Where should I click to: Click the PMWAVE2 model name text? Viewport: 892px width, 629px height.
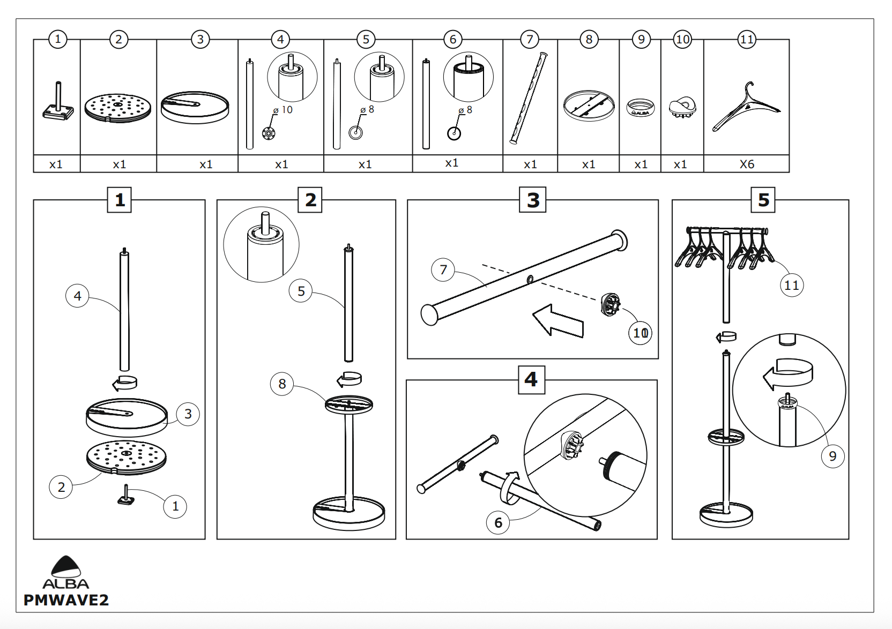pos(66,600)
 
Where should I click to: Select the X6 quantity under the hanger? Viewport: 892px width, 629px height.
pos(746,164)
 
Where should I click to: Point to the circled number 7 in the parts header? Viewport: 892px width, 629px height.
pos(530,39)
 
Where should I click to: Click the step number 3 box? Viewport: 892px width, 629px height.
pos(532,200)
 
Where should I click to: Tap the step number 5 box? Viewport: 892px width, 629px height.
pos(763,200)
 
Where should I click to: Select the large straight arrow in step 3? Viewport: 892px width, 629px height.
pos(558,321)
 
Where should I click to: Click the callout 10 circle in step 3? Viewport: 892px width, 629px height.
pos(640,333)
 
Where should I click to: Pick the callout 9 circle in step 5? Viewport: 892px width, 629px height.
pos(832,456)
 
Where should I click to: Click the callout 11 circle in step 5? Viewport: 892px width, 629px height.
pos(791,285)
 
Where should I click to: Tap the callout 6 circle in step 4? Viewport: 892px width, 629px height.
pos(498,522)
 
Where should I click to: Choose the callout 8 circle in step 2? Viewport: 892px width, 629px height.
pos(282,384)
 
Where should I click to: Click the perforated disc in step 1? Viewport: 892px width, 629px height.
pos(127,457)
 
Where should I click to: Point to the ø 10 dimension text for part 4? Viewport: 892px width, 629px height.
pos(283,110)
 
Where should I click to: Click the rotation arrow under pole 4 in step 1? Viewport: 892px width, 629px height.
pos(125,383)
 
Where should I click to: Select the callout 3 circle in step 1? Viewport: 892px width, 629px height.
pos(188,414)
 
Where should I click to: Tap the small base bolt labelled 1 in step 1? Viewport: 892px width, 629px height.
pos(127,496)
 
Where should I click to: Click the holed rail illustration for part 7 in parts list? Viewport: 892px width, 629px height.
pos(529,98)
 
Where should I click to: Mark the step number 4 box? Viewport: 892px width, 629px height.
pos(531,379)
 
